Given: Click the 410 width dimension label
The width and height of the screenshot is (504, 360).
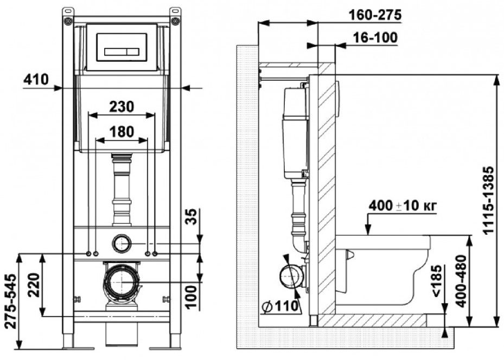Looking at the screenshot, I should coord(36,80).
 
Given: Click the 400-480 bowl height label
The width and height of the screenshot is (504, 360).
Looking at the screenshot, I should coord(461,281).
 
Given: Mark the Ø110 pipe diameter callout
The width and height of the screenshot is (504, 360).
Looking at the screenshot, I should coord(279,307).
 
